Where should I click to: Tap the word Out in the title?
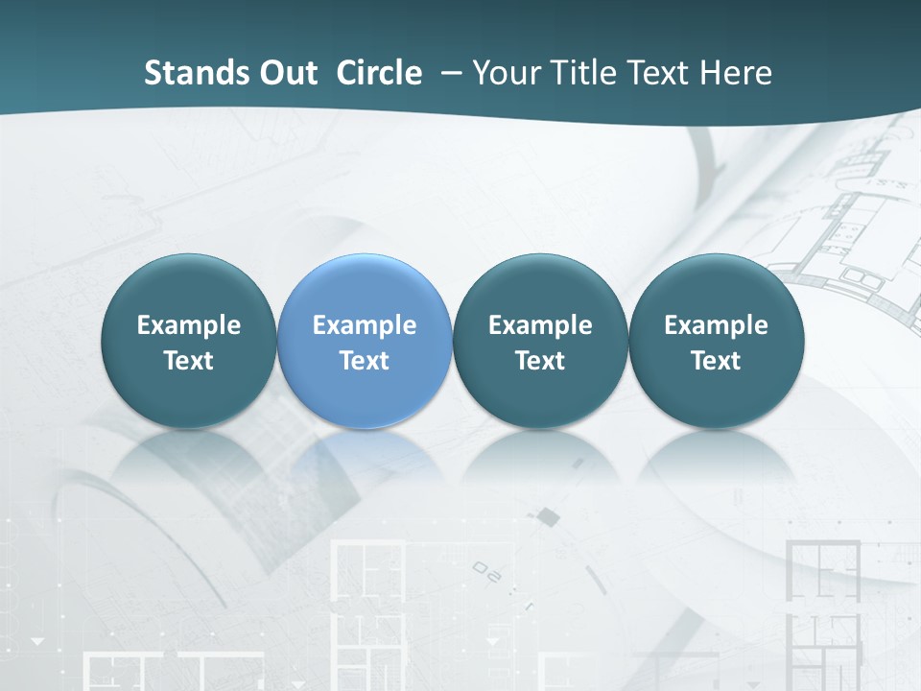(x=286, y=73)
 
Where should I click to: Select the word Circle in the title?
(x=379, y=73)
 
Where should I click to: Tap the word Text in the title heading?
(x=659, y=73)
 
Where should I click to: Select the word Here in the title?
(x=735, y=73)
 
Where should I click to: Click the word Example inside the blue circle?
(x=365, y=325)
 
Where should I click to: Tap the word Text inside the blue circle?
(x=365, y=361)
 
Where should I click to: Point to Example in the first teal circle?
(x=188, y=325)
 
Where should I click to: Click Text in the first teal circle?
(x=188, y=361)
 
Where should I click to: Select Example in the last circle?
(x=717, y=325)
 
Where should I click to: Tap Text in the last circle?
(x=717, y=361)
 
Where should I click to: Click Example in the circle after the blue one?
(x=540, y=325)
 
